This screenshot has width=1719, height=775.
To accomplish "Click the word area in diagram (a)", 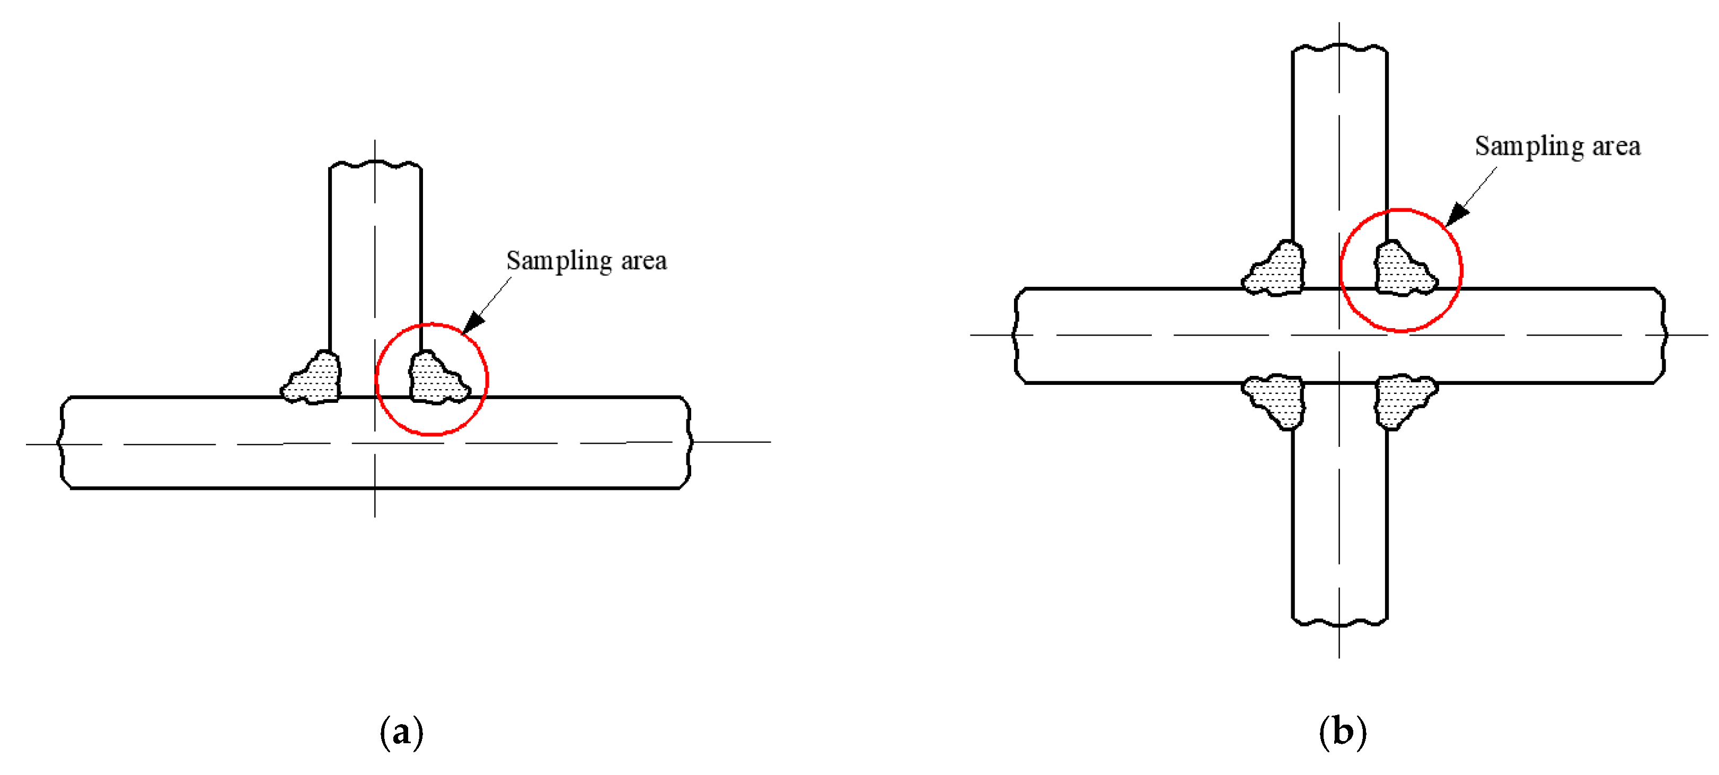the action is tap(643, 261).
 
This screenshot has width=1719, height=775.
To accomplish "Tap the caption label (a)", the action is tap(401, 732).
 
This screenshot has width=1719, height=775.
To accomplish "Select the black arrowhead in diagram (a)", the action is tap(473, 322).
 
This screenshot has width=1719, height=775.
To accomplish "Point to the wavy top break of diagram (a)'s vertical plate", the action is tap(375, 164).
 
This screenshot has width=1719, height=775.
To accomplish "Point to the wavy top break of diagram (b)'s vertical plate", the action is tap(1340, 47).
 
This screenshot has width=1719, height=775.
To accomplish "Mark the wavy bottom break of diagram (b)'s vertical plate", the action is tap(1340, 623).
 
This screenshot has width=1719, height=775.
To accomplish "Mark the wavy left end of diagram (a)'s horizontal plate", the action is tap(62, 443).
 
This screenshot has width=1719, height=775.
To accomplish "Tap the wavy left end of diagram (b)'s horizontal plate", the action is tap(1016, 335).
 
